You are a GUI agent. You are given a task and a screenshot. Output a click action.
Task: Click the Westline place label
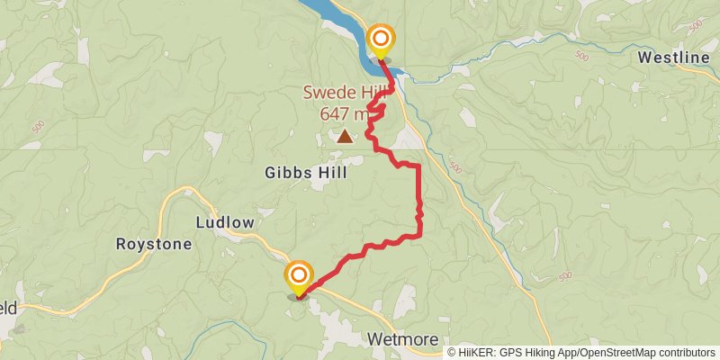(x=675, y=58)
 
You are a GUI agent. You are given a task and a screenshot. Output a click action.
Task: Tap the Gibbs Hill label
(x=307, y=173)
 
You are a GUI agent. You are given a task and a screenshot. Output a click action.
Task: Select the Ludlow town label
(x=225, y=222)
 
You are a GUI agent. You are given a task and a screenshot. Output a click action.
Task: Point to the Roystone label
(x=154, y=244)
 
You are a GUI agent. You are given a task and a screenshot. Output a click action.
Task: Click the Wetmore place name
(x=402, y=340)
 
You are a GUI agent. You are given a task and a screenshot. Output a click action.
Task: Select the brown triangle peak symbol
(x=345, y=137)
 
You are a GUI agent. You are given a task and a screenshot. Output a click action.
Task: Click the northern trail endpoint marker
(x=381, y=39)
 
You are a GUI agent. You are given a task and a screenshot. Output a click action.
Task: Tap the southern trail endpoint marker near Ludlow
(x=299, y=274)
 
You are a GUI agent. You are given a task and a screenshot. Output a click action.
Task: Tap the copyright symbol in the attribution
(x=452, y=352)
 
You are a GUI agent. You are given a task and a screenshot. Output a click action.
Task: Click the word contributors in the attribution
(x=688, y=352)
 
